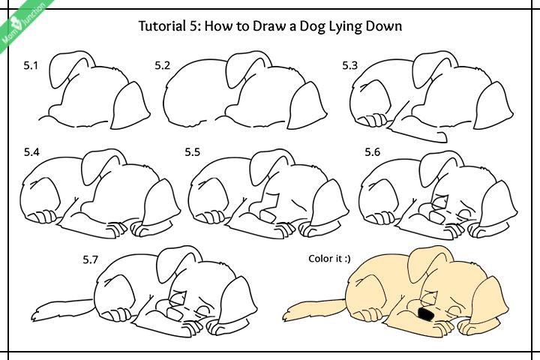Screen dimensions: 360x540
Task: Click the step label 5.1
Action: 30,66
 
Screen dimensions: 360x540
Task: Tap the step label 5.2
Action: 163,66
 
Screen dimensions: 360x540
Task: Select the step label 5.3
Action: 350,66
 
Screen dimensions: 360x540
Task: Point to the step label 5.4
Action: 31,152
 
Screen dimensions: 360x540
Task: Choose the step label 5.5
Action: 193,152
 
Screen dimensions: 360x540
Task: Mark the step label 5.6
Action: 373,152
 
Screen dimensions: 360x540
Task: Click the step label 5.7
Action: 91,260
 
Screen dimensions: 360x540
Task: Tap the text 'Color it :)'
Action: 329,259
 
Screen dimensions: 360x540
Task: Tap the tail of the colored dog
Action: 307,308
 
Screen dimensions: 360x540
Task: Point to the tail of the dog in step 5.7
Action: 52,309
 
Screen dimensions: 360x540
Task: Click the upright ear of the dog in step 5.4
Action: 101,163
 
